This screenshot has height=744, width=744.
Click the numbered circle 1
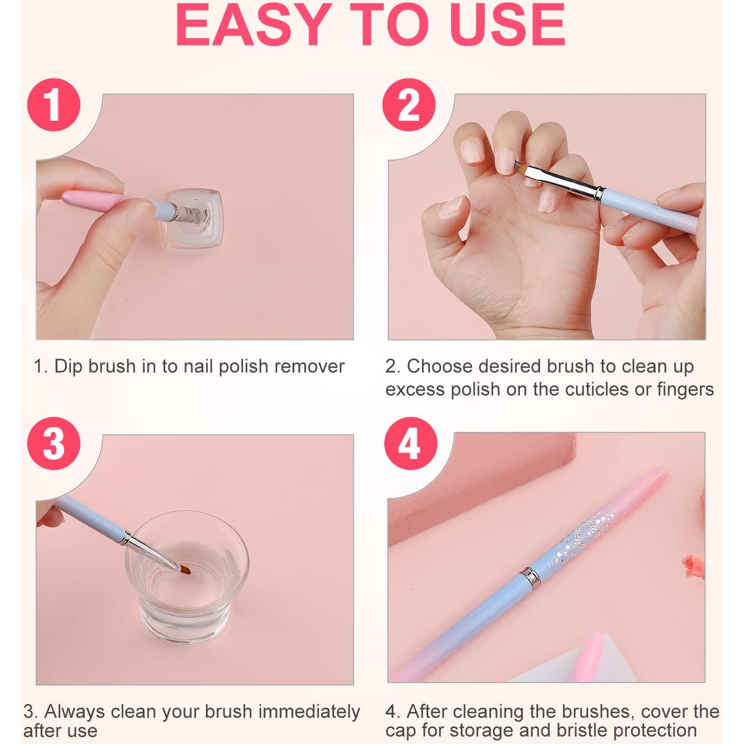pos(53,105)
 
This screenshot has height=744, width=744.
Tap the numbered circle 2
pos(409,105)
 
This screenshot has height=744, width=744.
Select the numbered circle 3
pos(53,443)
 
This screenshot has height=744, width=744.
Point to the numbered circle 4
pos(411,443)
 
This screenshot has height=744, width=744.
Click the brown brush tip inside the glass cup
pos(185,570)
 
